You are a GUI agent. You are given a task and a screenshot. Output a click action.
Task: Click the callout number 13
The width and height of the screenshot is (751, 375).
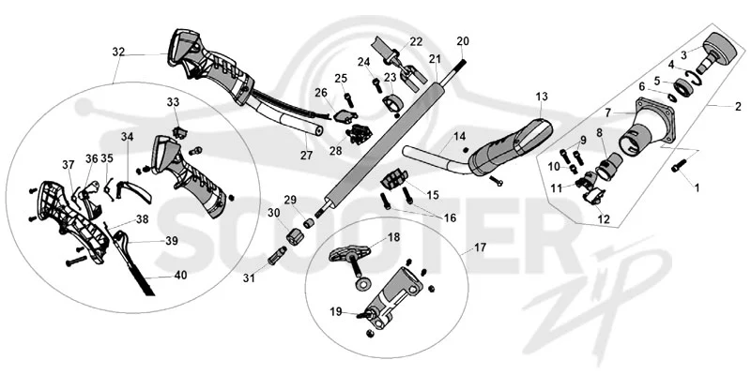542,97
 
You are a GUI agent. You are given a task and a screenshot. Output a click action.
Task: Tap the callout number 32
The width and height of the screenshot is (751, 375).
118,52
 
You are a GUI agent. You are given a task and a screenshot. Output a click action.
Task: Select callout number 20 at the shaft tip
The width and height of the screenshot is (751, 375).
463,41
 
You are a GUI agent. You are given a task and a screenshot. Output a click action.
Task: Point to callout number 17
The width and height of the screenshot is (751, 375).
480,247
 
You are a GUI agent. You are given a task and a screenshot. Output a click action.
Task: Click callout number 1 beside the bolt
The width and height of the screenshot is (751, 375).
697,188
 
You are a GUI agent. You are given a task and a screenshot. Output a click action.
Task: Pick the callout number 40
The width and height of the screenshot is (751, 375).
181,276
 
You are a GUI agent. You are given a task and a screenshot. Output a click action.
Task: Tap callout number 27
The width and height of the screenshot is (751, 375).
307,155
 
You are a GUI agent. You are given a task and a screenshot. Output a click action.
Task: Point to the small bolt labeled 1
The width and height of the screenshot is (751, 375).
679,166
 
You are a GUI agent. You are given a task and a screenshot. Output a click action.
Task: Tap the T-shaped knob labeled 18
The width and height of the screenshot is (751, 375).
352,252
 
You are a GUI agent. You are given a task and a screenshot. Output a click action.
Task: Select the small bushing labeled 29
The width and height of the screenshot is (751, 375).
310,223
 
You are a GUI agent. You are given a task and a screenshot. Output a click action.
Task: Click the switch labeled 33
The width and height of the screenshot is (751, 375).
180,132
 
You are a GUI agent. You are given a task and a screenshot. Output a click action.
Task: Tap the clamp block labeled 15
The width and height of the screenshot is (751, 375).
393,181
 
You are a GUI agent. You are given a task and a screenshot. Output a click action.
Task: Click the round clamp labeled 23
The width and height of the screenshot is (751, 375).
391,104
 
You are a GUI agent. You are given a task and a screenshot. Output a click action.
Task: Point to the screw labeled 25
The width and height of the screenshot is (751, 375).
348,99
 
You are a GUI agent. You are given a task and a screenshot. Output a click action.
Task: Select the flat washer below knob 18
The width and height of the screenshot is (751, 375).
362,284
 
